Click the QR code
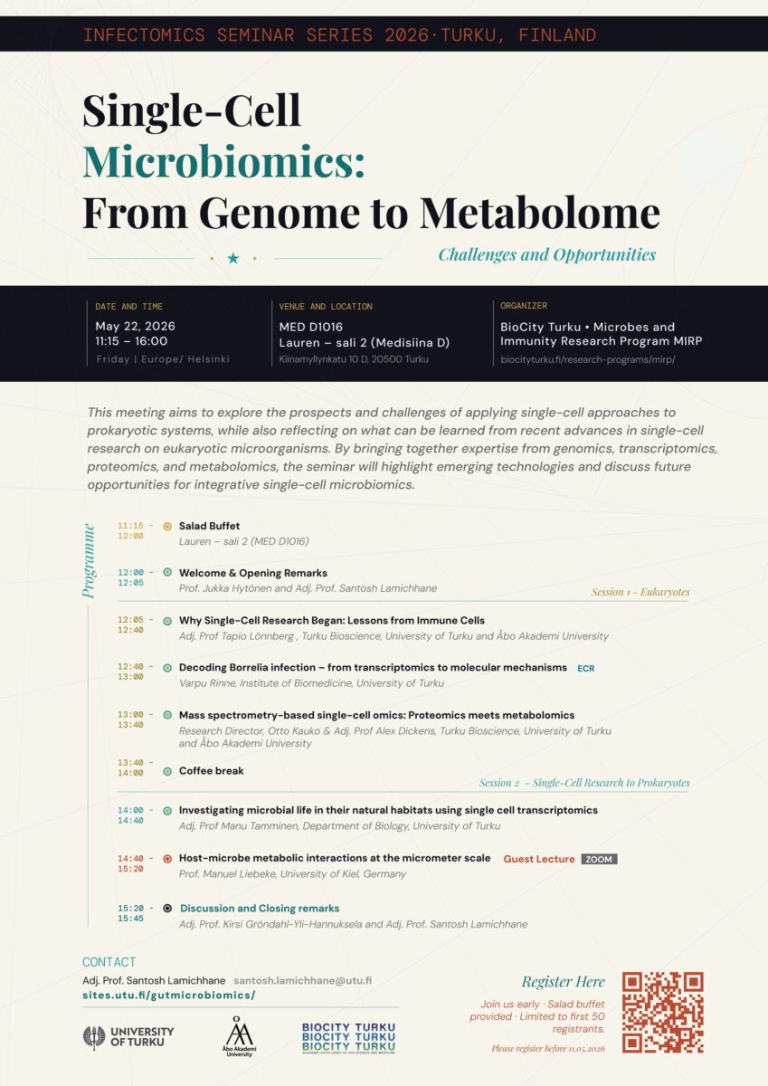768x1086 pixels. (x=662, y=1013)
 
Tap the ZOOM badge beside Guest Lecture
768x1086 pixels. (x=599, y=859)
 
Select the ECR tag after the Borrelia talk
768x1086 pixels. (x=586, y=668)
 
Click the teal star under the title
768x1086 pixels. (x=233, y=259)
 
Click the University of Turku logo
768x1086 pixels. (x=128, y=1037)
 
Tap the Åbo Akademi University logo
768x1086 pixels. (x=239, y=1036)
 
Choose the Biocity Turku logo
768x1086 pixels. (x=348, y=1037)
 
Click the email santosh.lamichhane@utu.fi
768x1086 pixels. (x=302, y=980)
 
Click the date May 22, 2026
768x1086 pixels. (x=135, y=327)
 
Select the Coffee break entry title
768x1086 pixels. (x=212, y=771)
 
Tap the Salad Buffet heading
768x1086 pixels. (x=209, y=526)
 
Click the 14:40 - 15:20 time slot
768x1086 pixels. (x=136, y=863)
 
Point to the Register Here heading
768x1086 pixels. (x=563, y=982)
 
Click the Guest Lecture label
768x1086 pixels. (x=539, y=859)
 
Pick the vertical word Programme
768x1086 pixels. (x=89, y=560)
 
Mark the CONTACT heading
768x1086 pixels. (x=109, y=962)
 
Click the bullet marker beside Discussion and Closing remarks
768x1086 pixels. (x=167, y=908)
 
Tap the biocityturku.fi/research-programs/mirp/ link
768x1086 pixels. (x=588, y=359)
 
